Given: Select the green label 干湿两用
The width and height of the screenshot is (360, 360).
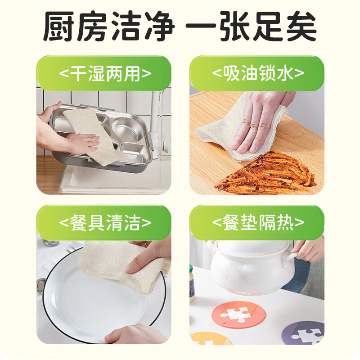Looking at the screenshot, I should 104,73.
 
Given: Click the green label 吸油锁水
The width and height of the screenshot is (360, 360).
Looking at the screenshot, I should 257,73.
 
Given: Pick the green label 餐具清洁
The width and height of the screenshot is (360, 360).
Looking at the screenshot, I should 104,223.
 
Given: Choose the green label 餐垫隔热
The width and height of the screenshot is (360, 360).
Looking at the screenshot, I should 257,223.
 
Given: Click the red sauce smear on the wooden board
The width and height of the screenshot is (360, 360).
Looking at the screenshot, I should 270,173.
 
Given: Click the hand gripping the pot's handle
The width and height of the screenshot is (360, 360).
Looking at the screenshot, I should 310,250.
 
